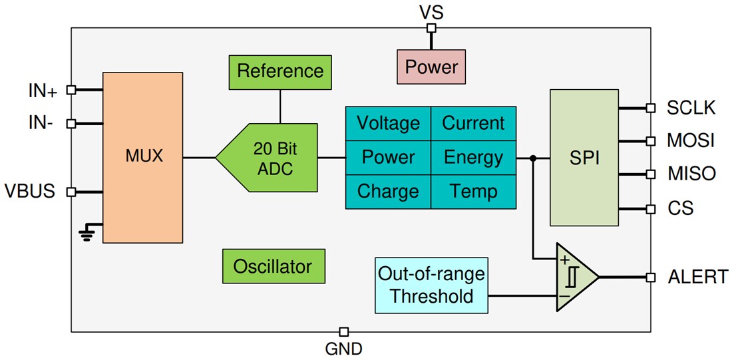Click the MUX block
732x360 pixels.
pos(143,157)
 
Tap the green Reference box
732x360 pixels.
pos(279,71)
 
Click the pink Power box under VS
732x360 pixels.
pos(431,67)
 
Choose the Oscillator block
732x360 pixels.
pos(272,267)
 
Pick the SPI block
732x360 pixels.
pos(584,158)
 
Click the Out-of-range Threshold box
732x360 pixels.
pos(431,285)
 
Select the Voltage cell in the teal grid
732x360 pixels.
pos(388,123)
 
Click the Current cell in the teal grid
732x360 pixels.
pos(473,123)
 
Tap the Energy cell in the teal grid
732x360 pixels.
pos(473,158)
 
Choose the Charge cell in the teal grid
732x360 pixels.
pos(388,192)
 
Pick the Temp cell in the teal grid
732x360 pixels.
pos(473,192)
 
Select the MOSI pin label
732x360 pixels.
pos(690,141)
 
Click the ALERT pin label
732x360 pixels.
pos(697,277)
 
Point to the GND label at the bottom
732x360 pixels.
pos(343,348)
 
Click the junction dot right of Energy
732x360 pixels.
pos(533,158)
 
